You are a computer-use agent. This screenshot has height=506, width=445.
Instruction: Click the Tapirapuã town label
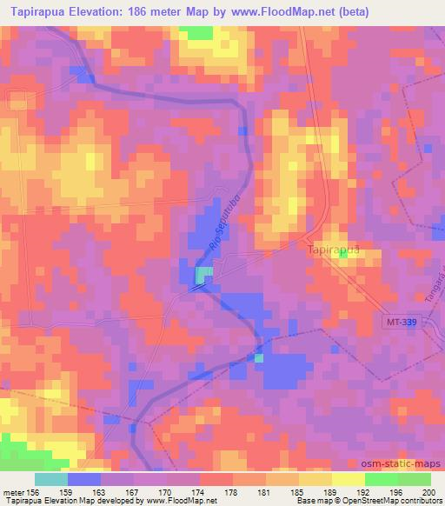click(x=333, y=251)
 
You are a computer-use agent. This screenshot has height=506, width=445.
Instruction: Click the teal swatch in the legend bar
click(x=51, y=479)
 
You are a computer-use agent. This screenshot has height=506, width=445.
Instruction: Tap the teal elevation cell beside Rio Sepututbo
click(x=203, y=275)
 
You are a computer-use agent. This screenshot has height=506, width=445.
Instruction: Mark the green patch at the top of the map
click(x=199, y=32)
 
